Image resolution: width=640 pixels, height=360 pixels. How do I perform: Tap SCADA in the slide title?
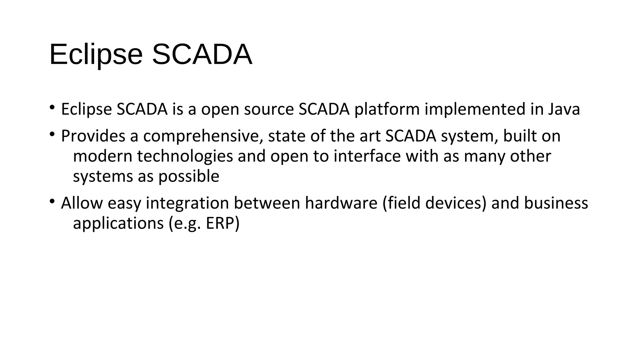click(x=202, y=55)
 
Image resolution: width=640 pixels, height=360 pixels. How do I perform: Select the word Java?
click(x=564, y=109)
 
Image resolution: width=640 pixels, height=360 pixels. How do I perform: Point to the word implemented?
click(x=474, y=109)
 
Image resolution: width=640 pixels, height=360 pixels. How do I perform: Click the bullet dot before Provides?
click(x=52, y=135)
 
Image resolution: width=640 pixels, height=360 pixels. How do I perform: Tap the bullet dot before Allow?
click(x=52, y=202)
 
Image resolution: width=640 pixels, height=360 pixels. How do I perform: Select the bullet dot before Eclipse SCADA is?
click(x=52, y=108)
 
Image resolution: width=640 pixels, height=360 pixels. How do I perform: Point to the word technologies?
click(x=185, y=156)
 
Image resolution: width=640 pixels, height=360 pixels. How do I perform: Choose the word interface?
click(x=367, y=156)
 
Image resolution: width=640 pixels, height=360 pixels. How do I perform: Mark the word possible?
click(x=189, y=177)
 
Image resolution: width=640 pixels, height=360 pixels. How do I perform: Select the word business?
click(x=556, y=203)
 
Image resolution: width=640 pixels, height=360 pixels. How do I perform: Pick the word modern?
click(x=103, y=156)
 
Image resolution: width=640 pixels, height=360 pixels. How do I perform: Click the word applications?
click(x=118, y=223)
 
